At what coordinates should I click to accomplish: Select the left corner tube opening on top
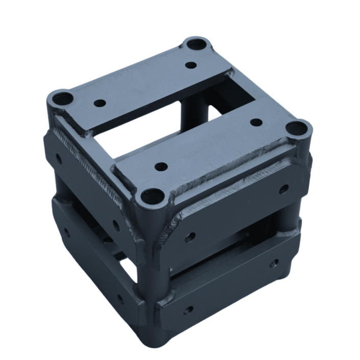click(60, 98)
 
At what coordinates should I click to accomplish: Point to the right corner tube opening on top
click(298, 128)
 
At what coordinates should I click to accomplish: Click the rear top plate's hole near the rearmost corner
click(191, 65)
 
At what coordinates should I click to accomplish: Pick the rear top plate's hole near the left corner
click(101, 103)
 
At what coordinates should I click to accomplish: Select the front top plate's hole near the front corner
click(161, 167)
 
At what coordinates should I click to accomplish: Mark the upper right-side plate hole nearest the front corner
click(189, 237)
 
